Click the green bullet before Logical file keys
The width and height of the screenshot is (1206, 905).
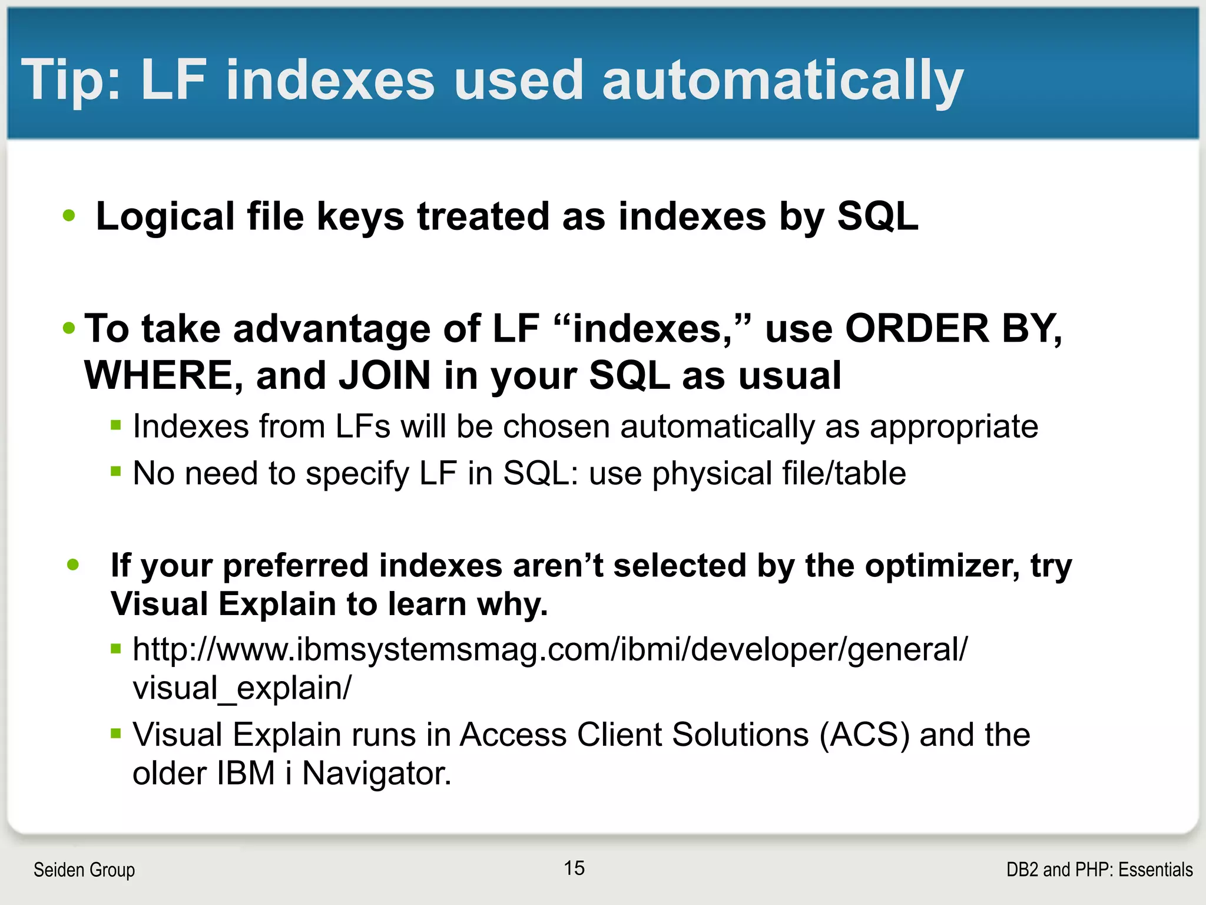click(x=69, y=216)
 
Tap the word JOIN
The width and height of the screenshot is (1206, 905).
click(x=385, y=375)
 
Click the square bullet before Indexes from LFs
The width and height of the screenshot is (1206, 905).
click(x=116, y=424)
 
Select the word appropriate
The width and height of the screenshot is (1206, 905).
click(x=954, y=427)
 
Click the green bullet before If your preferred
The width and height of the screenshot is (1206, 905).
click(x=73, y=565)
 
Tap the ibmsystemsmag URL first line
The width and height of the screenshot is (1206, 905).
click(x=549, y=649)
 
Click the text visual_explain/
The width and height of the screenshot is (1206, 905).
click(x=241, y=688)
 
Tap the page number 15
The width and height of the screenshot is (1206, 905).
click(x=574, y=868)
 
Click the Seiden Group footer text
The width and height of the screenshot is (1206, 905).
click(x=84, y=870)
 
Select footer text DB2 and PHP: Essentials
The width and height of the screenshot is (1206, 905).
click(x=1099, y=870)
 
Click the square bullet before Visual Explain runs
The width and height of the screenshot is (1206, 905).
click(x=116, y=734)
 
